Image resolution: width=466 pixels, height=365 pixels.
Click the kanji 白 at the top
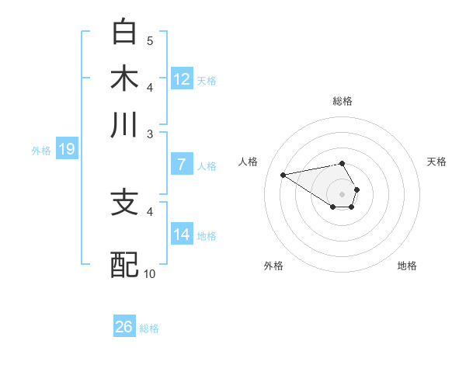coord(125,33)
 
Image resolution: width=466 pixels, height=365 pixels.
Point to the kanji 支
coord(125,203)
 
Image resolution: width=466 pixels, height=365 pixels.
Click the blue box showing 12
coord(182,79)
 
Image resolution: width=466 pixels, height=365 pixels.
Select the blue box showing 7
coord(182,165)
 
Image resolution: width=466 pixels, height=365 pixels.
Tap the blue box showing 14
coord(182,235)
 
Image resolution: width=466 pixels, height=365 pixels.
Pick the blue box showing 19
coord(66,150)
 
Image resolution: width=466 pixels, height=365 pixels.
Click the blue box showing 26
coord(124,327)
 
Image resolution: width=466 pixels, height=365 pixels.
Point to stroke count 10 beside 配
coord(150,273)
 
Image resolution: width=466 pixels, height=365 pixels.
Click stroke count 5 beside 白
coord(150,40)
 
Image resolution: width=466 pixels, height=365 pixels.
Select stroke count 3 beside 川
coord(150,134)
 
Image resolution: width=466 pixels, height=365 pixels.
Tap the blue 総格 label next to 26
coord(149,328)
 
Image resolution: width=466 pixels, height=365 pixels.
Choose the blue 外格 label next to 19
coord(41,151)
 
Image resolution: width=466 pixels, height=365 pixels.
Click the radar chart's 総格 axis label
coord(342,101)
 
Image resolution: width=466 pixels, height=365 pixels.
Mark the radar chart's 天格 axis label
coord(436,162)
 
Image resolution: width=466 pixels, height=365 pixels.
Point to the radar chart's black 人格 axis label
coord(249,162)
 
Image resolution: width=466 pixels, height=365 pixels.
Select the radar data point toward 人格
coord(283,174)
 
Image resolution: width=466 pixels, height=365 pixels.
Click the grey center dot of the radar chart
coord(342,193)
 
